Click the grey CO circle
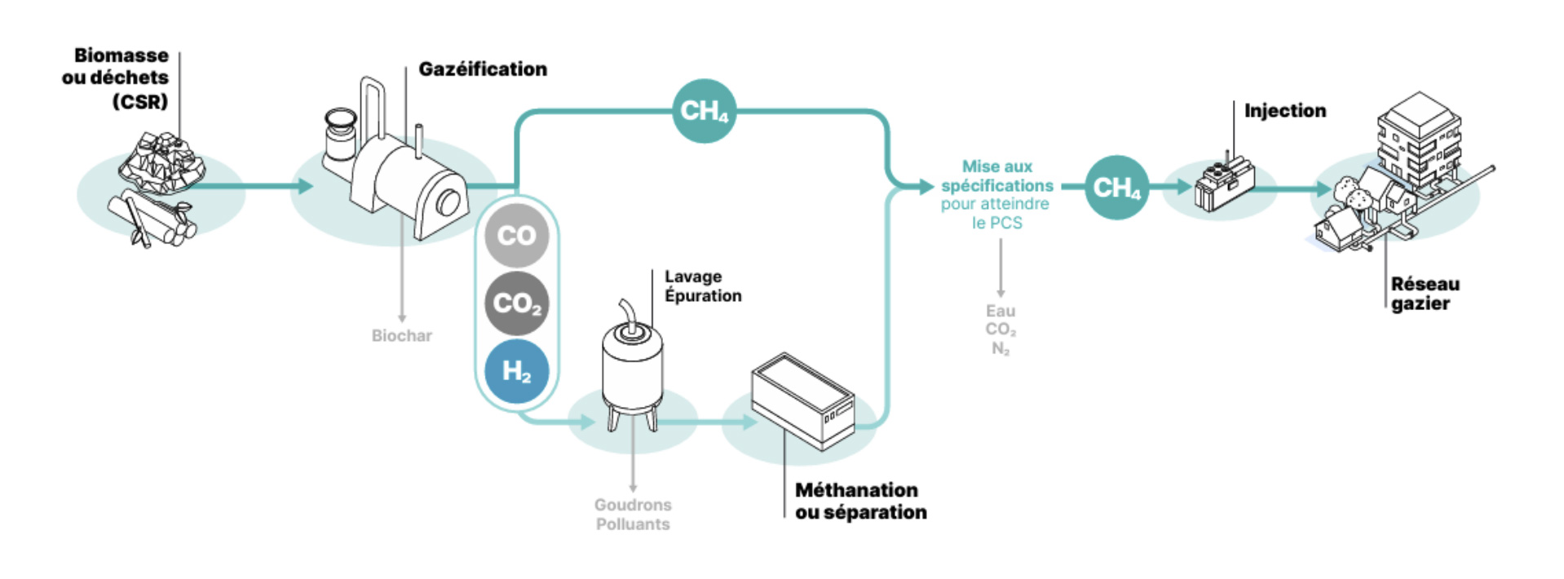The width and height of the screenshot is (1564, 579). (516, 236)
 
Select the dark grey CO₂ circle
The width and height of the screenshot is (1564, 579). (516, 303)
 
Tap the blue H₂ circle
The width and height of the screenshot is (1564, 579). (516, 371)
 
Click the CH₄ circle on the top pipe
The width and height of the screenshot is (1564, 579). (704, 111)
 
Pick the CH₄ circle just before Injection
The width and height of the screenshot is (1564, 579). (1116, 188)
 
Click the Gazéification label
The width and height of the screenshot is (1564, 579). (483, 69)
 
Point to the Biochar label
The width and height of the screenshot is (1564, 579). (401, 335)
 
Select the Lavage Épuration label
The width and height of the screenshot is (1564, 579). (702, 286)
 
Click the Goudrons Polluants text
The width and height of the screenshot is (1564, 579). (633, 515)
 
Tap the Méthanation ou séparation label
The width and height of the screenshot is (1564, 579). (860, 501)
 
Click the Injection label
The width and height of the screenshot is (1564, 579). (1284, 110)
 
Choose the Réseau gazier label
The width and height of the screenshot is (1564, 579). (1425, 294)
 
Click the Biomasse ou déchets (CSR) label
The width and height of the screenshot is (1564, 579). (116, 78)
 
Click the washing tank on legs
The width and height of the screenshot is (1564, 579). (632, 367)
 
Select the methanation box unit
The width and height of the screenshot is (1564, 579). (803, 400)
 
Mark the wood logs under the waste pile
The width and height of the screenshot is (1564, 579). (151, 219)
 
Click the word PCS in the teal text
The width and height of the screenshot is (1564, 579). (1007, 223)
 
